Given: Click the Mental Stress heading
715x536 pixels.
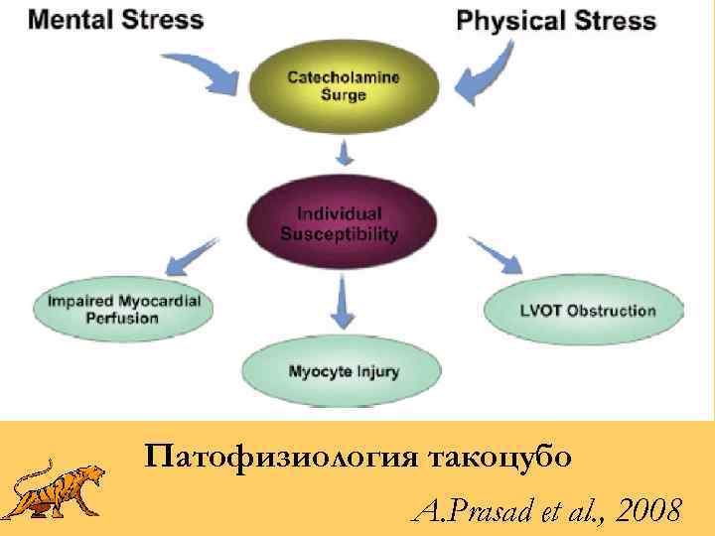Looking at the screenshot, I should click(x=117, y=19).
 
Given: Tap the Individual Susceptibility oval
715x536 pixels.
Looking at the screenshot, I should click(x=340, y=224).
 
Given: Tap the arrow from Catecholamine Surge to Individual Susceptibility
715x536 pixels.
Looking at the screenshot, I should click(x=344, y=153).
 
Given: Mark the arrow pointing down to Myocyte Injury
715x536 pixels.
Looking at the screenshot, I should click(x=344, y=302).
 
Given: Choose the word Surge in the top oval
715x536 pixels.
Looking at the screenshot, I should click(x=344, y=95).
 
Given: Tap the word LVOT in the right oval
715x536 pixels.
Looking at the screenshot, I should click(x=542, y=311).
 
